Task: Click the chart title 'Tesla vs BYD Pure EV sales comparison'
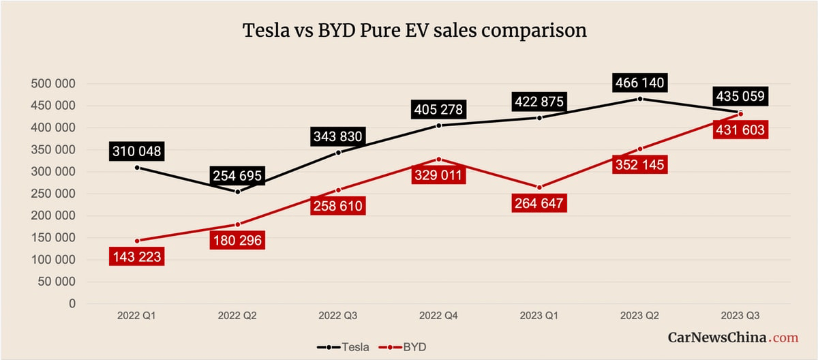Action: [x=415, y=31]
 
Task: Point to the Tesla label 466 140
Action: [x=639, y=83]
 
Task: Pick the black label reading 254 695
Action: [x=237, y=176]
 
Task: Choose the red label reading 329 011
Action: [x=438, y=175]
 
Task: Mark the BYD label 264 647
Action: [x=539, y=203]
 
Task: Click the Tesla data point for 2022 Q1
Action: [x=137, y=167]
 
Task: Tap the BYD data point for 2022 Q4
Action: [x=438, y=159]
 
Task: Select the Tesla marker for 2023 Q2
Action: [x=640, y=99]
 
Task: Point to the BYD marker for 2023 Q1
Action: [x=539, y=187]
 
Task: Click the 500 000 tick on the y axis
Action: [x=53, y=84]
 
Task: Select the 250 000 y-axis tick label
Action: [x=53, y=194]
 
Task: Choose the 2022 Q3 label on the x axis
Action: [x=338, y=316]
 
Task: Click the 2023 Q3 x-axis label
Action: [x=740, y=316]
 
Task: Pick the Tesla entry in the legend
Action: [x=344, y=346]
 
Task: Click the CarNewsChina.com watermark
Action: [x=732, y=337]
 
